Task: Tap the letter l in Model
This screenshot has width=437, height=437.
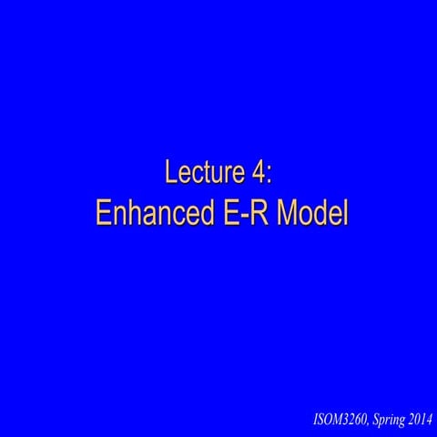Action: tap(345, 212)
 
